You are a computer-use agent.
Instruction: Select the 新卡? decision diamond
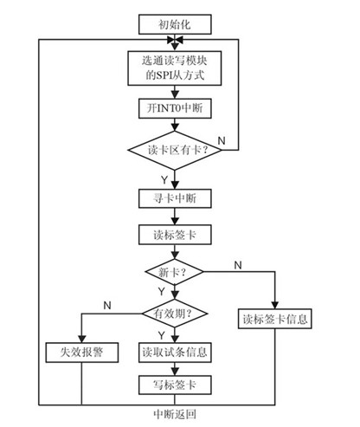174,272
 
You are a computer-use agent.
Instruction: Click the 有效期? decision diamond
174,312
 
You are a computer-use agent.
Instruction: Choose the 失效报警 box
80,353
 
